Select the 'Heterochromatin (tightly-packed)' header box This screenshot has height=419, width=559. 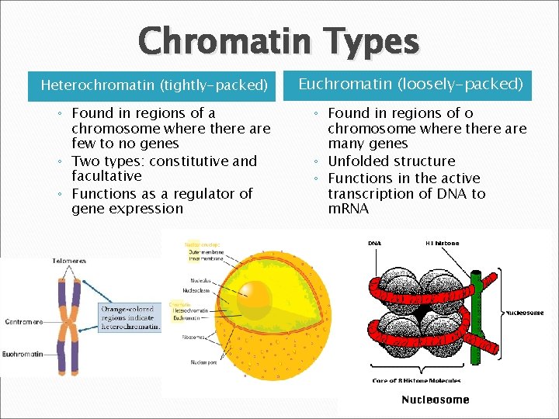(x=154, y=85)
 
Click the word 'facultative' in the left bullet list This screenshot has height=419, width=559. (x=106, y=177)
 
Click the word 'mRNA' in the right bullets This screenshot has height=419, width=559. (x=349, y=209)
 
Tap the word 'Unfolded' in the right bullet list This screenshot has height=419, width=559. (x=356, y=161)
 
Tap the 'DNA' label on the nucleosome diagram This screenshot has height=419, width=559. (x=374, y=244)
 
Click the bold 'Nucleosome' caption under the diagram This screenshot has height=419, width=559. (x=435, y=400)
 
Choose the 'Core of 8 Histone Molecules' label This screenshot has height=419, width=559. (x=417, y=381)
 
